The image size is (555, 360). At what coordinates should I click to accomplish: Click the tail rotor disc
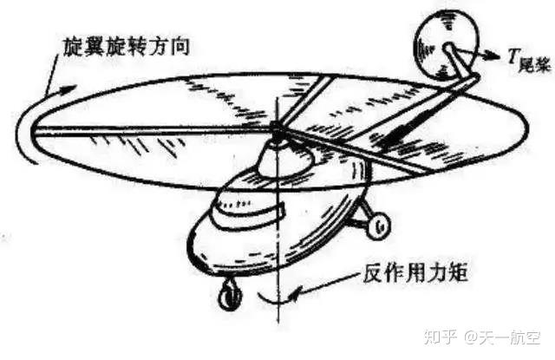click(x=444, y=39)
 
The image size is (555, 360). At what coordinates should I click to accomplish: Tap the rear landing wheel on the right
click(x=378, y=226)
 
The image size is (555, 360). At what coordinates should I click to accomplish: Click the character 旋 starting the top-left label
click(x=70, y=45)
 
